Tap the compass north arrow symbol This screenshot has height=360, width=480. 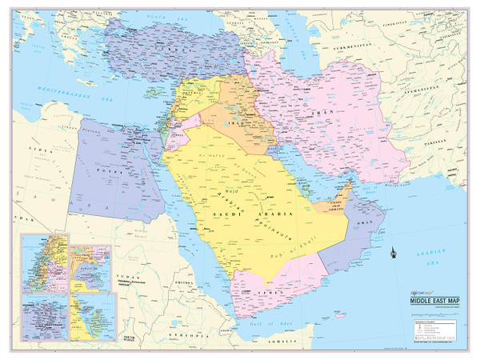[x=390, y=254]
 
